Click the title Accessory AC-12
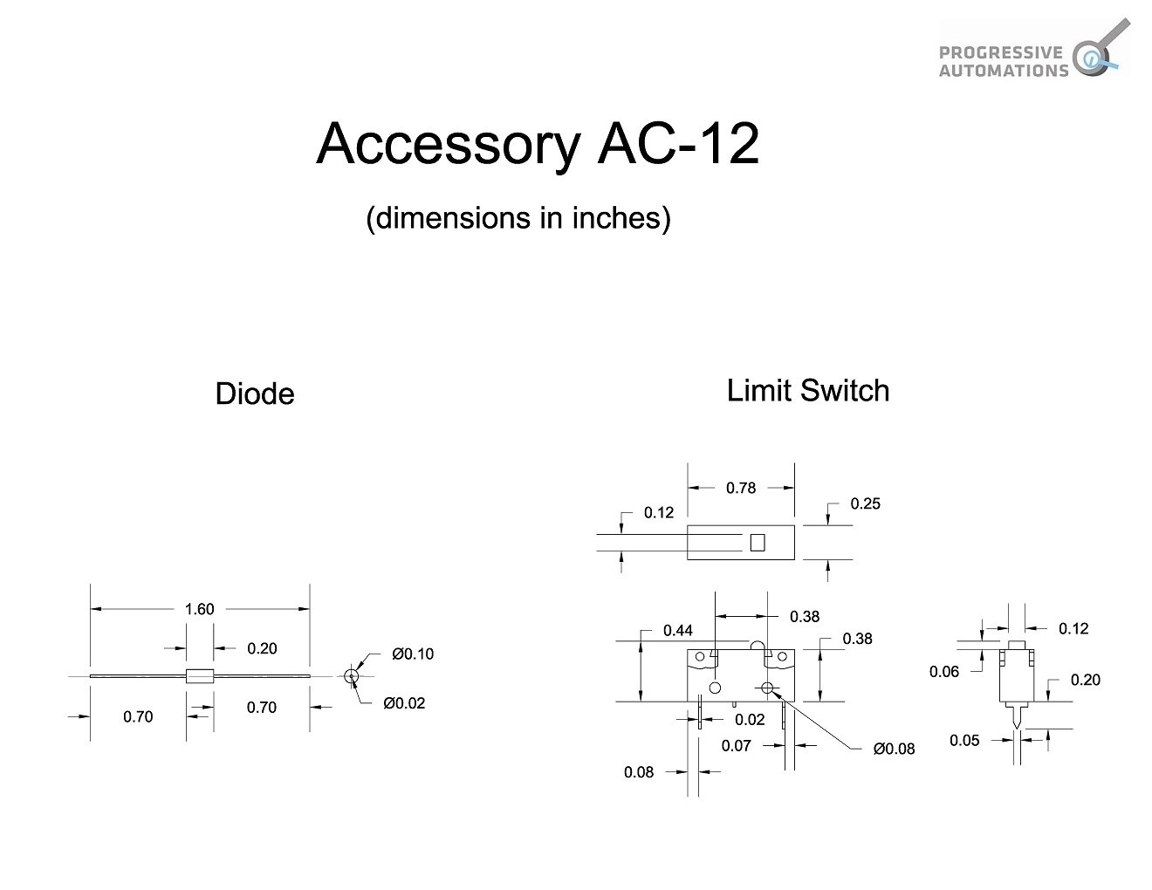538,143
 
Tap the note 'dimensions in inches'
518,217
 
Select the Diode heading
254,394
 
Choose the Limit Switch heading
807,390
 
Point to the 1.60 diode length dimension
199,609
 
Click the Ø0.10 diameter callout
412,654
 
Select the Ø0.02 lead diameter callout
403,703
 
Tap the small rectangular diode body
200,676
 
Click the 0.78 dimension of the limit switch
740,488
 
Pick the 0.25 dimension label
865,503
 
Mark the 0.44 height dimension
677,630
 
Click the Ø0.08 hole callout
894,749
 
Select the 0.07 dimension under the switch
736,745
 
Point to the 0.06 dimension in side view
943,671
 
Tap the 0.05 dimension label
964,740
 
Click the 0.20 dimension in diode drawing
261,648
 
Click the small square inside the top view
757,542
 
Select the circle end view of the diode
351,676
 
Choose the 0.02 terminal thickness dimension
749,719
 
